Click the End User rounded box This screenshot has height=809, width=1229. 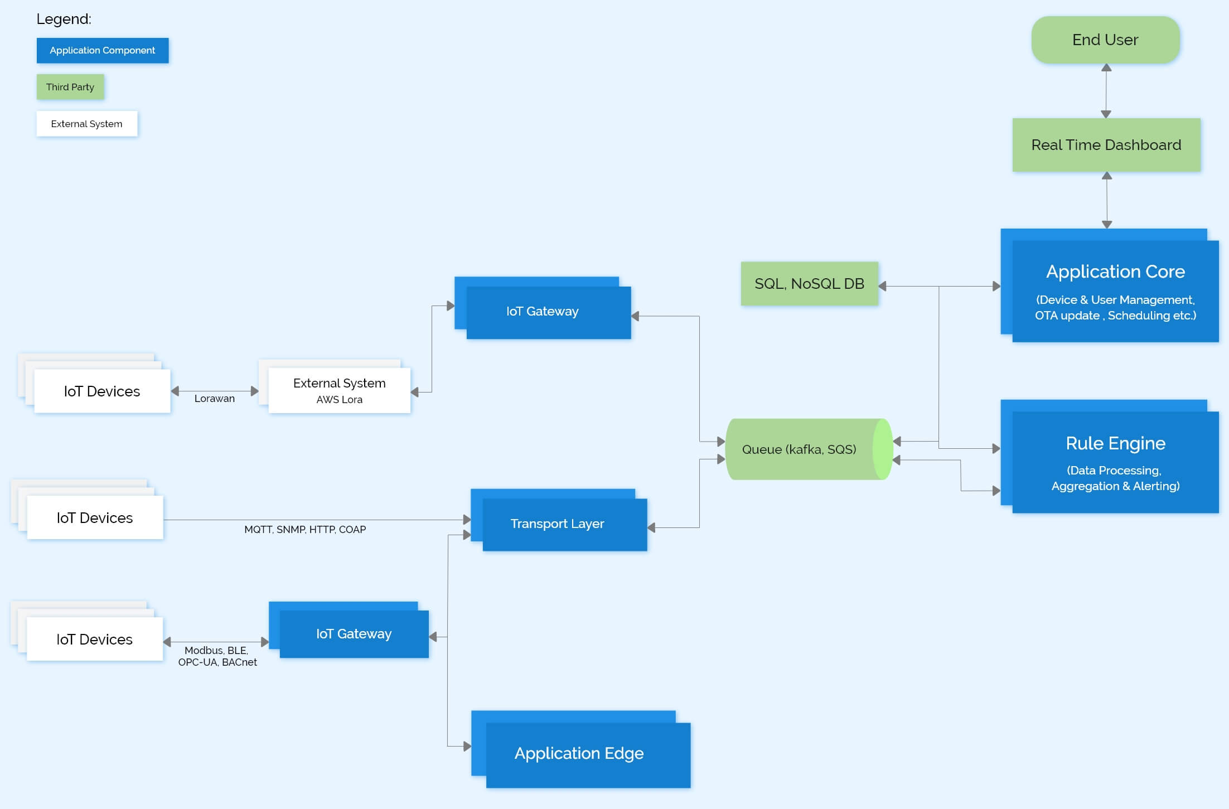tap(1105, 40)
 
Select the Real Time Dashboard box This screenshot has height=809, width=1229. tap(1106, 145)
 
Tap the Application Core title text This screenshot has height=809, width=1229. tap(1115, 272)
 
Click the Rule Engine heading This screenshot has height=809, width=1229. tap(1115, 443)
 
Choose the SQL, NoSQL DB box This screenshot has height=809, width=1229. tap(809, 284)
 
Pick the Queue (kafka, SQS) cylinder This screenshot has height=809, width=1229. tap(799, 449)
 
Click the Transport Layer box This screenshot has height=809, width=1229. tap(558, 524)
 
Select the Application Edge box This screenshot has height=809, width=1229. tap(579, 753)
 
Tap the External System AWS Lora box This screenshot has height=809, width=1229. tap(339, 390)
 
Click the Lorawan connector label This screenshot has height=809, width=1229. tap(214, 399)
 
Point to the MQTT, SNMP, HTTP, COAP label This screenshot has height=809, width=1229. tap(305, 530)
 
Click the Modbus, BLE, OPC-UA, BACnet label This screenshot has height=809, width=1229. tap(217, 656)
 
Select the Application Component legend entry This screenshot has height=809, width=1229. tap(103, 51)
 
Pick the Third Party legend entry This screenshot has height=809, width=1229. tap(70, 87)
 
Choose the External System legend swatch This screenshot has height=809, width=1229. tap(86, 124)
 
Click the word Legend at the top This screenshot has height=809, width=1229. tap(64, 19)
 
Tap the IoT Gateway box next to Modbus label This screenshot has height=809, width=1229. tap(354, 634)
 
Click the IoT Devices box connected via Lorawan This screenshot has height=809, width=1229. tap(101, 391)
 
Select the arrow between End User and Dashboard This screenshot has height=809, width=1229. tap(1106, 90)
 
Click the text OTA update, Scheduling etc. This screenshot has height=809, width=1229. tap(1115, 316)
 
